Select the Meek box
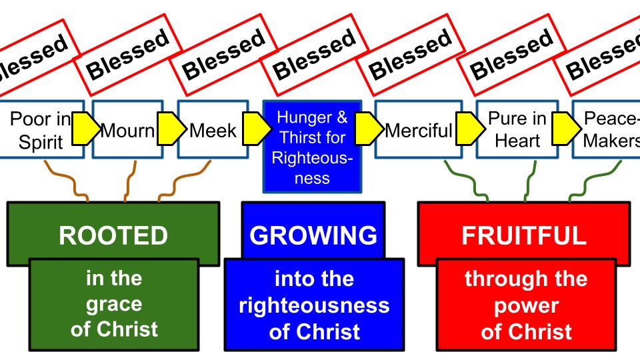[x=213, y=129]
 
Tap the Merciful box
[x=418, y=129]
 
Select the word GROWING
[x=313, y=235]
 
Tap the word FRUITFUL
[x=523, y=235]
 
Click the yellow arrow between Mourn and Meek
[x=167, y=129]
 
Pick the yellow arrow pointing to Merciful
[x=365, y=129]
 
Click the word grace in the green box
[x=113, y=303]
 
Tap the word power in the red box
[x=526, y=303]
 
